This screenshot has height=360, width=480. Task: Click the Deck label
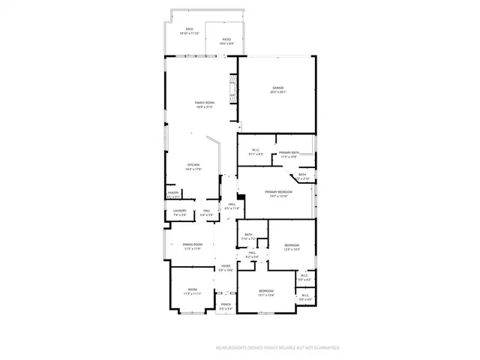(x=190, y=31)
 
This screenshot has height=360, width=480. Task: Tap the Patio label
(x=224, y=42)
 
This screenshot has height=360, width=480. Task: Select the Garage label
(x=278, y=90)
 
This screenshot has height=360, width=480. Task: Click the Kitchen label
(x=194, y=167)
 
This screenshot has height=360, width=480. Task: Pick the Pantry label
(x=173, y=194)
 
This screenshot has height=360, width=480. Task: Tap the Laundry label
(x=179, y=213)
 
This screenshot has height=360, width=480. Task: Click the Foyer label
(x=225, y=267)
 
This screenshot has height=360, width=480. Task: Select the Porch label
(x=226, y=305)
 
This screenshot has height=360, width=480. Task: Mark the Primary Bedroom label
(x=278, y=193)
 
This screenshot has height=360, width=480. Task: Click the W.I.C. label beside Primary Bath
(x=256, y=151)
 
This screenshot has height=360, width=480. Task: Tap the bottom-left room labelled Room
(x=193, y=292)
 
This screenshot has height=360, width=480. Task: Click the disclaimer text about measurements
(x=277, y=348)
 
